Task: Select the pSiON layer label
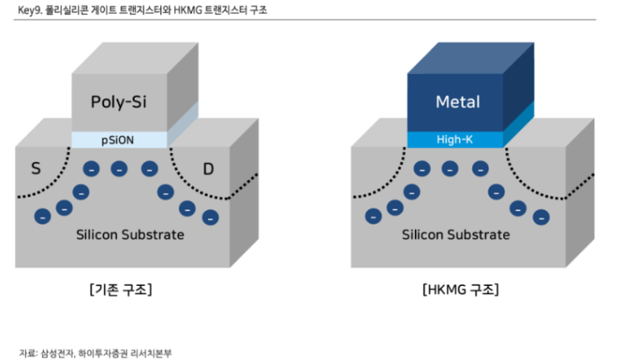pos(118,139)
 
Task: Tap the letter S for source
pos(35,168)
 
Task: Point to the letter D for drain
pos(209,168)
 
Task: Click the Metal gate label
pos(457,101)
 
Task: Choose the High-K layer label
pos(456,139)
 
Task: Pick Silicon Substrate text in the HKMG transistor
pos(456,234)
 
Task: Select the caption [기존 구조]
pos(121,289)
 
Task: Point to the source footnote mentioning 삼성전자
pos(95,352)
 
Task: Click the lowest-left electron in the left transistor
pos(42,216)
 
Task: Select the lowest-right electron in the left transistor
pos(210,217)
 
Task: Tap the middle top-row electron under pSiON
pos(119,169)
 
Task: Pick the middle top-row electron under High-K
pos(450,169)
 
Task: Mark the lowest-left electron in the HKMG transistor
pos(373,216)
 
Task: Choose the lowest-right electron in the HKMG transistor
pos(540,217)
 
